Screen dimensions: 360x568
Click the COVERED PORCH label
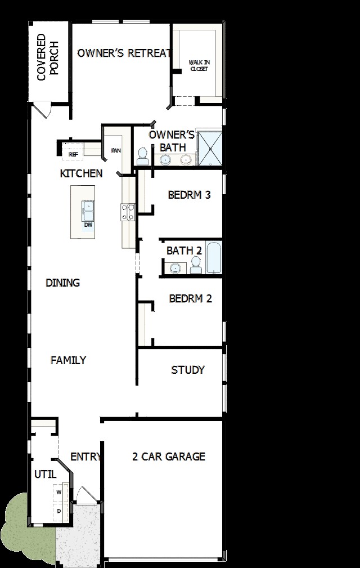(x=47, y=57)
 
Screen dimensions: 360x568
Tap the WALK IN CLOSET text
(x=199, y=65)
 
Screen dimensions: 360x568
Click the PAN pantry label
(x=116, y=150)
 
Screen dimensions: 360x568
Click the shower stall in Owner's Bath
(x=209, y=149)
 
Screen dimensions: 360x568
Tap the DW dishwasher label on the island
(x=88, y=225)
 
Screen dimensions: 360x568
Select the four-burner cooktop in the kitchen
(x=128, y=212)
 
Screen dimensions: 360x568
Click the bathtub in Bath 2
(x=214, y=258)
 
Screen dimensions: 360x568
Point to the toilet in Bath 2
(x=196, y=265)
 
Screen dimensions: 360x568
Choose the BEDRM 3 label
(x=189, y=195)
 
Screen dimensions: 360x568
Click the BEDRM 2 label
(x=190, y=298)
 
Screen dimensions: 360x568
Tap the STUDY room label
(x=188, y=370)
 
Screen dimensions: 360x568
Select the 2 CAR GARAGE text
(x=169, y=457)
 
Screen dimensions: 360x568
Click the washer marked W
(x=59, y=493)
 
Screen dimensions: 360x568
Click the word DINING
(x=62, y=283)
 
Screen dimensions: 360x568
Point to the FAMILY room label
(x=69, y=360)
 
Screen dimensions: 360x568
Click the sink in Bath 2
(x=175, y=269)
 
